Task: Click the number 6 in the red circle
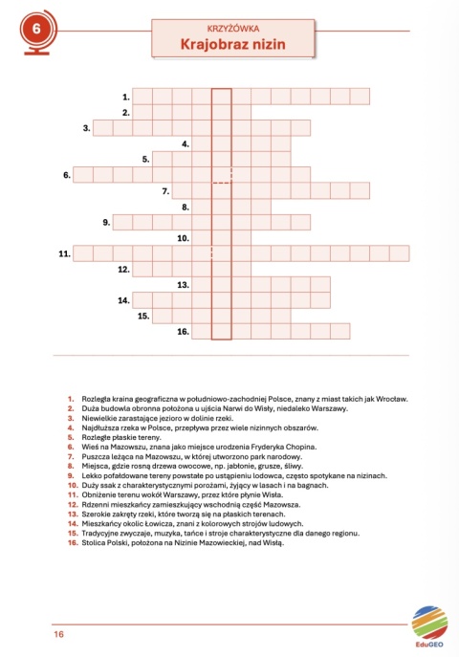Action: coord(36,30)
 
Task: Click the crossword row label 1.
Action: coord(125,97)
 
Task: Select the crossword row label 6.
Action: coord(67,174)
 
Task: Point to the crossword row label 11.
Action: coord(64,253)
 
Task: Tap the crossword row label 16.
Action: coord(182,332)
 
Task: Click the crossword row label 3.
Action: coord(86,127)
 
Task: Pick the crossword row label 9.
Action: coord(105,222)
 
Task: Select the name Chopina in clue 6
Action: coord(296,447)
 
